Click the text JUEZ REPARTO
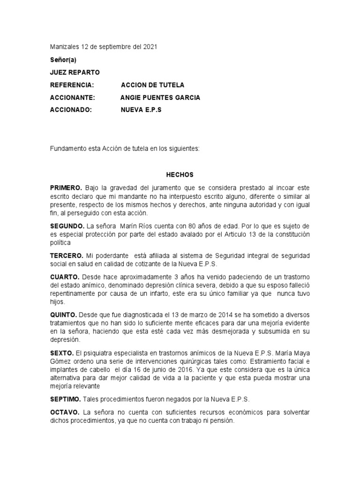click(x=75, y=73)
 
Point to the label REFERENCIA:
click(x=72, y=85)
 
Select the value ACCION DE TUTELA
click(x=153, y=85)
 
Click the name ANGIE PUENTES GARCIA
click(x=160, y=98)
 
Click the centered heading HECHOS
click(x=180, y=174)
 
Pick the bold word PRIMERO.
click(x=67, y=188)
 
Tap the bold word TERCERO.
click(x=67, y=255)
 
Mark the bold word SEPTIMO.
click(x=66, y=399)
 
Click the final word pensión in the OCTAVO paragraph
click(x=220, y=421)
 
